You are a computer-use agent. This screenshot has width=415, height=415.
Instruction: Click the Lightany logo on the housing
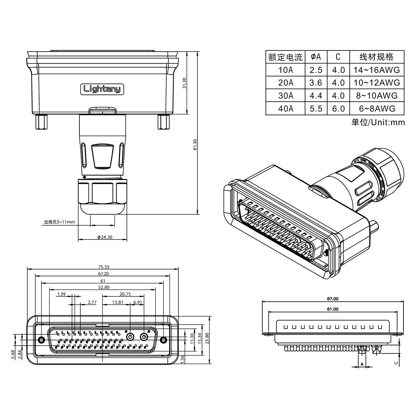coord(102,89)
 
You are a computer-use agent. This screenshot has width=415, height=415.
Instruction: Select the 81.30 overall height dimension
coord(195,144)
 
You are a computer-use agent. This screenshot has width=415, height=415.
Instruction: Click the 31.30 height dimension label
coord(184,83)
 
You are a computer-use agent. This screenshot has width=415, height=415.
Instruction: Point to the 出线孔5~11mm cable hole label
coord(59,222)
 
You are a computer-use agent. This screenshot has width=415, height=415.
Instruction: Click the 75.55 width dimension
coord(103,267)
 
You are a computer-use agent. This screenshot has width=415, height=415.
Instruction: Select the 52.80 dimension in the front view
coord(103,287)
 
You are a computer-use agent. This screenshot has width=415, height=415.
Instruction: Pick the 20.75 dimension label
coord(125,294)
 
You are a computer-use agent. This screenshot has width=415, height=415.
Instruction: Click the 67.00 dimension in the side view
coord(333,299)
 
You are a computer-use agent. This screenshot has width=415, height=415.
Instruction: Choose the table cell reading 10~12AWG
coord(376,83)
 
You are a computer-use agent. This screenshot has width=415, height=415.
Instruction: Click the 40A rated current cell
coord(285,108)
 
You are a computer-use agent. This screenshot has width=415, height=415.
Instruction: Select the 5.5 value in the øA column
coord(316,108)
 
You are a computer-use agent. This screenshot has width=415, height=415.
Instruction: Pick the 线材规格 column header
coord(376,57)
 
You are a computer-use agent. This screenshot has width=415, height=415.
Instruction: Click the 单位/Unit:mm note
coord(378,122)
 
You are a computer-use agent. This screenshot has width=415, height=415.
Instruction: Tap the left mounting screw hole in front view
coord(41,339)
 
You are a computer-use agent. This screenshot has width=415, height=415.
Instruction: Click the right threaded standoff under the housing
coord(163,122)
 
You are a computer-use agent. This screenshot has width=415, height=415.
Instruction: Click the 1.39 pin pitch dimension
coord(61,294)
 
